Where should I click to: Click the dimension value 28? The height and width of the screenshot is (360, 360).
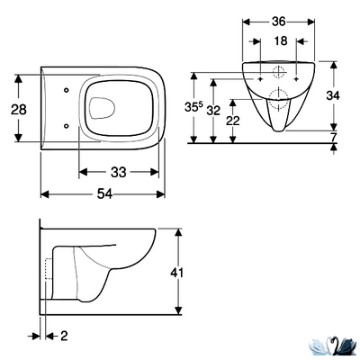pos(19,110)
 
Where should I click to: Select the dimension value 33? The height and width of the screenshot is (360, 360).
pos(119,172)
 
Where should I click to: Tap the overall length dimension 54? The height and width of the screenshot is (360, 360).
pos(104,194)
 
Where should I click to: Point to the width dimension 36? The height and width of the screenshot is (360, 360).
pos(279,22)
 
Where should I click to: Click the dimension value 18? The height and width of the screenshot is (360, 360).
pos(281,41)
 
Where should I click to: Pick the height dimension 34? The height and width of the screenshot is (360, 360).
pos(333,95)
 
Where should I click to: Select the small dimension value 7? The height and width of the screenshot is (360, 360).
pos(333,137)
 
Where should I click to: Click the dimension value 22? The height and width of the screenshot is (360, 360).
pos(233,121)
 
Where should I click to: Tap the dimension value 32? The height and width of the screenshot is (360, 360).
pos(213,111)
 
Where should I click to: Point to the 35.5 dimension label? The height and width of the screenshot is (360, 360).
pos(193,107)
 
